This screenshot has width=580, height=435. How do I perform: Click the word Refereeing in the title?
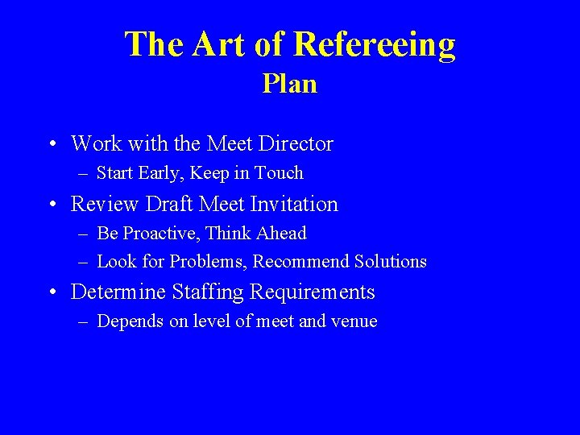375,44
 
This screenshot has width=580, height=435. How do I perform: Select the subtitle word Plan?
289,84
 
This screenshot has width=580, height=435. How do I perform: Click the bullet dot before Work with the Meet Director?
52,145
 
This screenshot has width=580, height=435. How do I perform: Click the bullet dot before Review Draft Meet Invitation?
52,205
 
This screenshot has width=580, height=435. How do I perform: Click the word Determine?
117,292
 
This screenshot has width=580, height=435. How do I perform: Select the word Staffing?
205,292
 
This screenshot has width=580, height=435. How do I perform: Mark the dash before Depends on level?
84,321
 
